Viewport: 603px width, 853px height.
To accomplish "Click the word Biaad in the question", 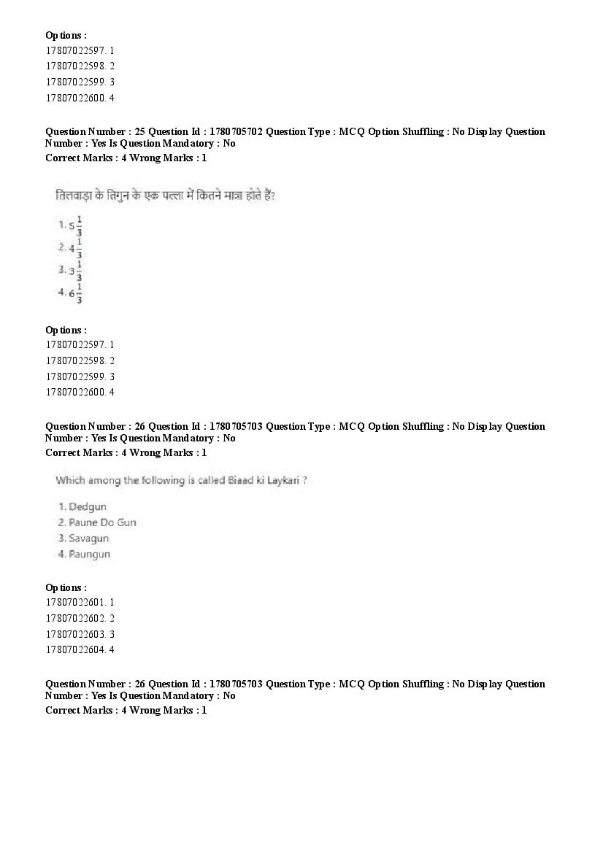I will (x=238, y=480).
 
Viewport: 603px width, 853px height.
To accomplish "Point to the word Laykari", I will (x=283, y=481).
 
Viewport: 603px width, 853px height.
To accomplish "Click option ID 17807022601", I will (x=75, y=603).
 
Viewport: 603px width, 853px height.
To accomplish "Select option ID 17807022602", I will (x=75, y=619).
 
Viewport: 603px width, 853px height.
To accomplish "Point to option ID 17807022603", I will (x=75, y=635).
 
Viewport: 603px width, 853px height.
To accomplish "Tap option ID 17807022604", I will (x=75, y=650).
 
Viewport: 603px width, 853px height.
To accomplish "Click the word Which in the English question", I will (x=70, y=480).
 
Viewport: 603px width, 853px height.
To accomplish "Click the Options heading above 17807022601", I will (x=66, y=587).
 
